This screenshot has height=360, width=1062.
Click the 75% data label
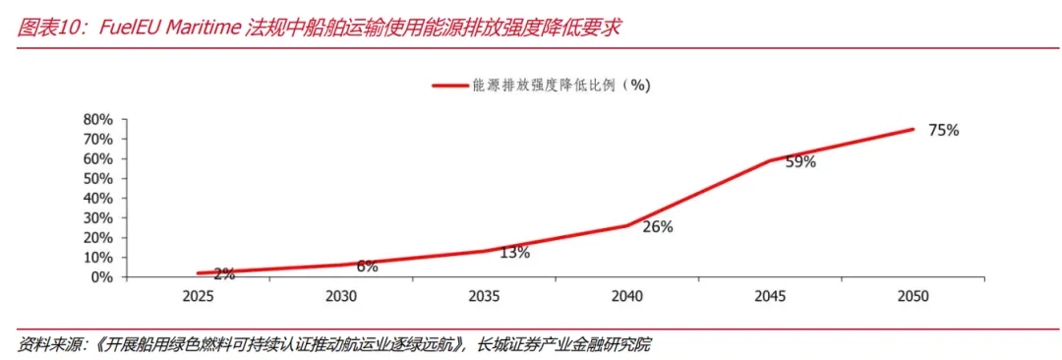coord(943,131)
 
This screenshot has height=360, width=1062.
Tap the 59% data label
coord(800,162)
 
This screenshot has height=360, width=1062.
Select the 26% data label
coord(658,227)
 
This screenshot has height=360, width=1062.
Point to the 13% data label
coord(514,252)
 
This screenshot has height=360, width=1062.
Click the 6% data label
coord(367,267)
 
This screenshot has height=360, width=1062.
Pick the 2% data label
coord(224,273)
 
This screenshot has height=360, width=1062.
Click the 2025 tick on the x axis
coord(199,296)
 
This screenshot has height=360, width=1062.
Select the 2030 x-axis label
coord(341,296)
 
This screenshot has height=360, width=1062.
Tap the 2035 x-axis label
coord(485,296)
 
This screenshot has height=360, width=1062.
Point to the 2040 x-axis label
coord(627,296)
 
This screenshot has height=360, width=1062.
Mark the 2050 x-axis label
coord(914,296)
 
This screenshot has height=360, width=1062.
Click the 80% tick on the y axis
coord(97,119)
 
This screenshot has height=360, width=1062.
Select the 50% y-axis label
coord(97,178)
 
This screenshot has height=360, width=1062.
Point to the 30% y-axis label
coord(97,217)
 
